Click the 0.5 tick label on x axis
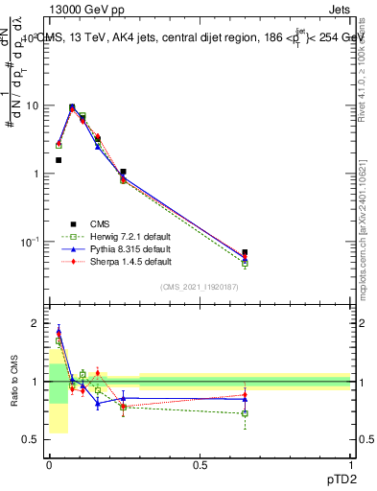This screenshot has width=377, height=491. click(200, 465)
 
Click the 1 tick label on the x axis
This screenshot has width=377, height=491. click(351, 465)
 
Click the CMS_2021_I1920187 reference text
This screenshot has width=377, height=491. click(200, 287)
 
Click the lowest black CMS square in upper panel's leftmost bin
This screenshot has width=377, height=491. click(59, 160)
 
